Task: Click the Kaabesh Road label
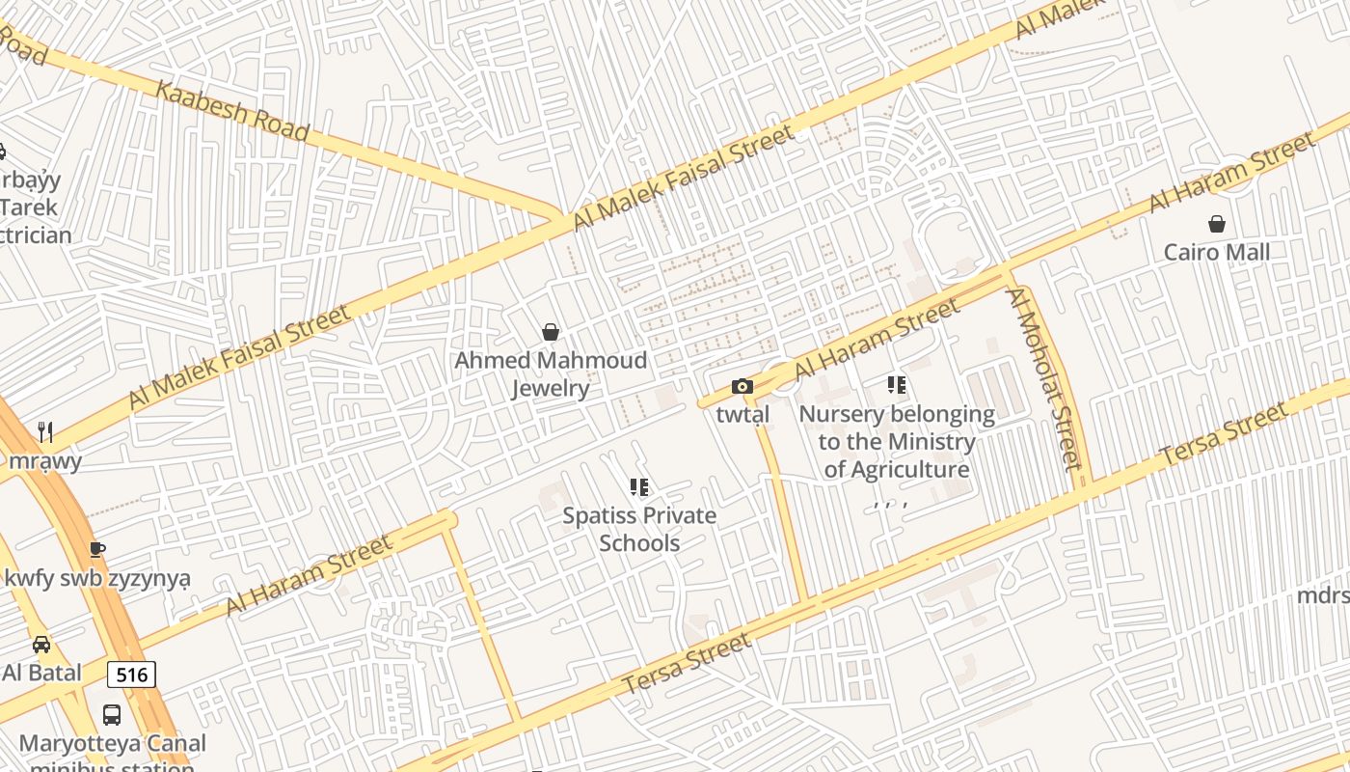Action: [x=230, y=111]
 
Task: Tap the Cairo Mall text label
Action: [x=1216, y=252]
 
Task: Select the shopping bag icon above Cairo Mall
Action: [x=1217, y=224]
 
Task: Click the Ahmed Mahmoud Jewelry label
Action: [x=551, y=374]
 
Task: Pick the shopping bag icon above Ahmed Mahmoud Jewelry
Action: [x=551, y=332]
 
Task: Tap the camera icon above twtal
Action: [x=742, y=387]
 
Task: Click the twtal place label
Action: [x=742, y=415]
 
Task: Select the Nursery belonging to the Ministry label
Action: [x=897, y=442]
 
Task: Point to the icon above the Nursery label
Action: [x=897, y=386]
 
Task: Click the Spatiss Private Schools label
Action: [x=639, y=529]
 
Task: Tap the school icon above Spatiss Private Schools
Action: [x=639, y=487]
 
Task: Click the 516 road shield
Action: [x=131, y=675]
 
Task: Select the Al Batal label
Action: [x=41, y=673]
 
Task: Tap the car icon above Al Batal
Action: [x=41, y=644]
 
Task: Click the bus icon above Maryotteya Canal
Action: [x=112, y=715]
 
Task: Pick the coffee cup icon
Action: [x=96, y=550]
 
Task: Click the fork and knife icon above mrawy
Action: [x=44, y=430]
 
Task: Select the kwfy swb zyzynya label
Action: [x=97, y=579]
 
